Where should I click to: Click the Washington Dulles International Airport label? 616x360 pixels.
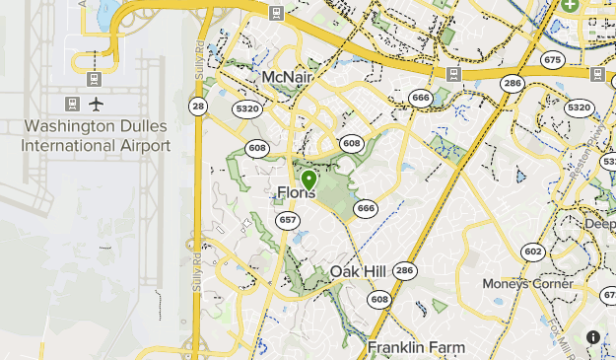[x=96, y=136]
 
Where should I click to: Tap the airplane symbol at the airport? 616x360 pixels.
[x=97, y=104]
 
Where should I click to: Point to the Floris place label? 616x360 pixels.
[x=297, y=192]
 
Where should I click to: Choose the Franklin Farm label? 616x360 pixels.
[x=415, y=347]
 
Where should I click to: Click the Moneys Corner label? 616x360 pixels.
[x=527, y=284]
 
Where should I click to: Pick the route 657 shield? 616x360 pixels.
[x=287, y=220]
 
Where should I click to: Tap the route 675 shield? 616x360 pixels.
[x=552, y=60]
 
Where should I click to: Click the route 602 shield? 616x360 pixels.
[x=533, y=252]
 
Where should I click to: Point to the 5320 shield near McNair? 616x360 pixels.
[x=246, y=108]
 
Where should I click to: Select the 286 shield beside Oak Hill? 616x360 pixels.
[x=403, y=270]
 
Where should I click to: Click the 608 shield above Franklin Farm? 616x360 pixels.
[x=379, y=298]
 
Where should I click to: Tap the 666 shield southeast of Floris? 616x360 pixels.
[x=367, y=208]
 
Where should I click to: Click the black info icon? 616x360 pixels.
[x=593, y=337]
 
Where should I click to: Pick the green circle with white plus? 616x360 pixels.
[x=570, y=5]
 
